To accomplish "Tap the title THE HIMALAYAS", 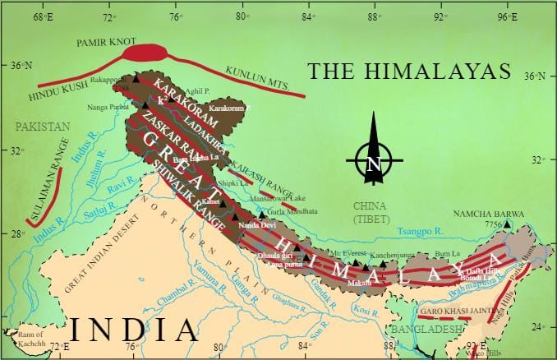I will pyautogui.click(x=407, y=70).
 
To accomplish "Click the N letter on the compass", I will pyautogui.click(x=374, y=165).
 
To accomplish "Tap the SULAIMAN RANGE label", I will pyautogui.click(x=48, y=195).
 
